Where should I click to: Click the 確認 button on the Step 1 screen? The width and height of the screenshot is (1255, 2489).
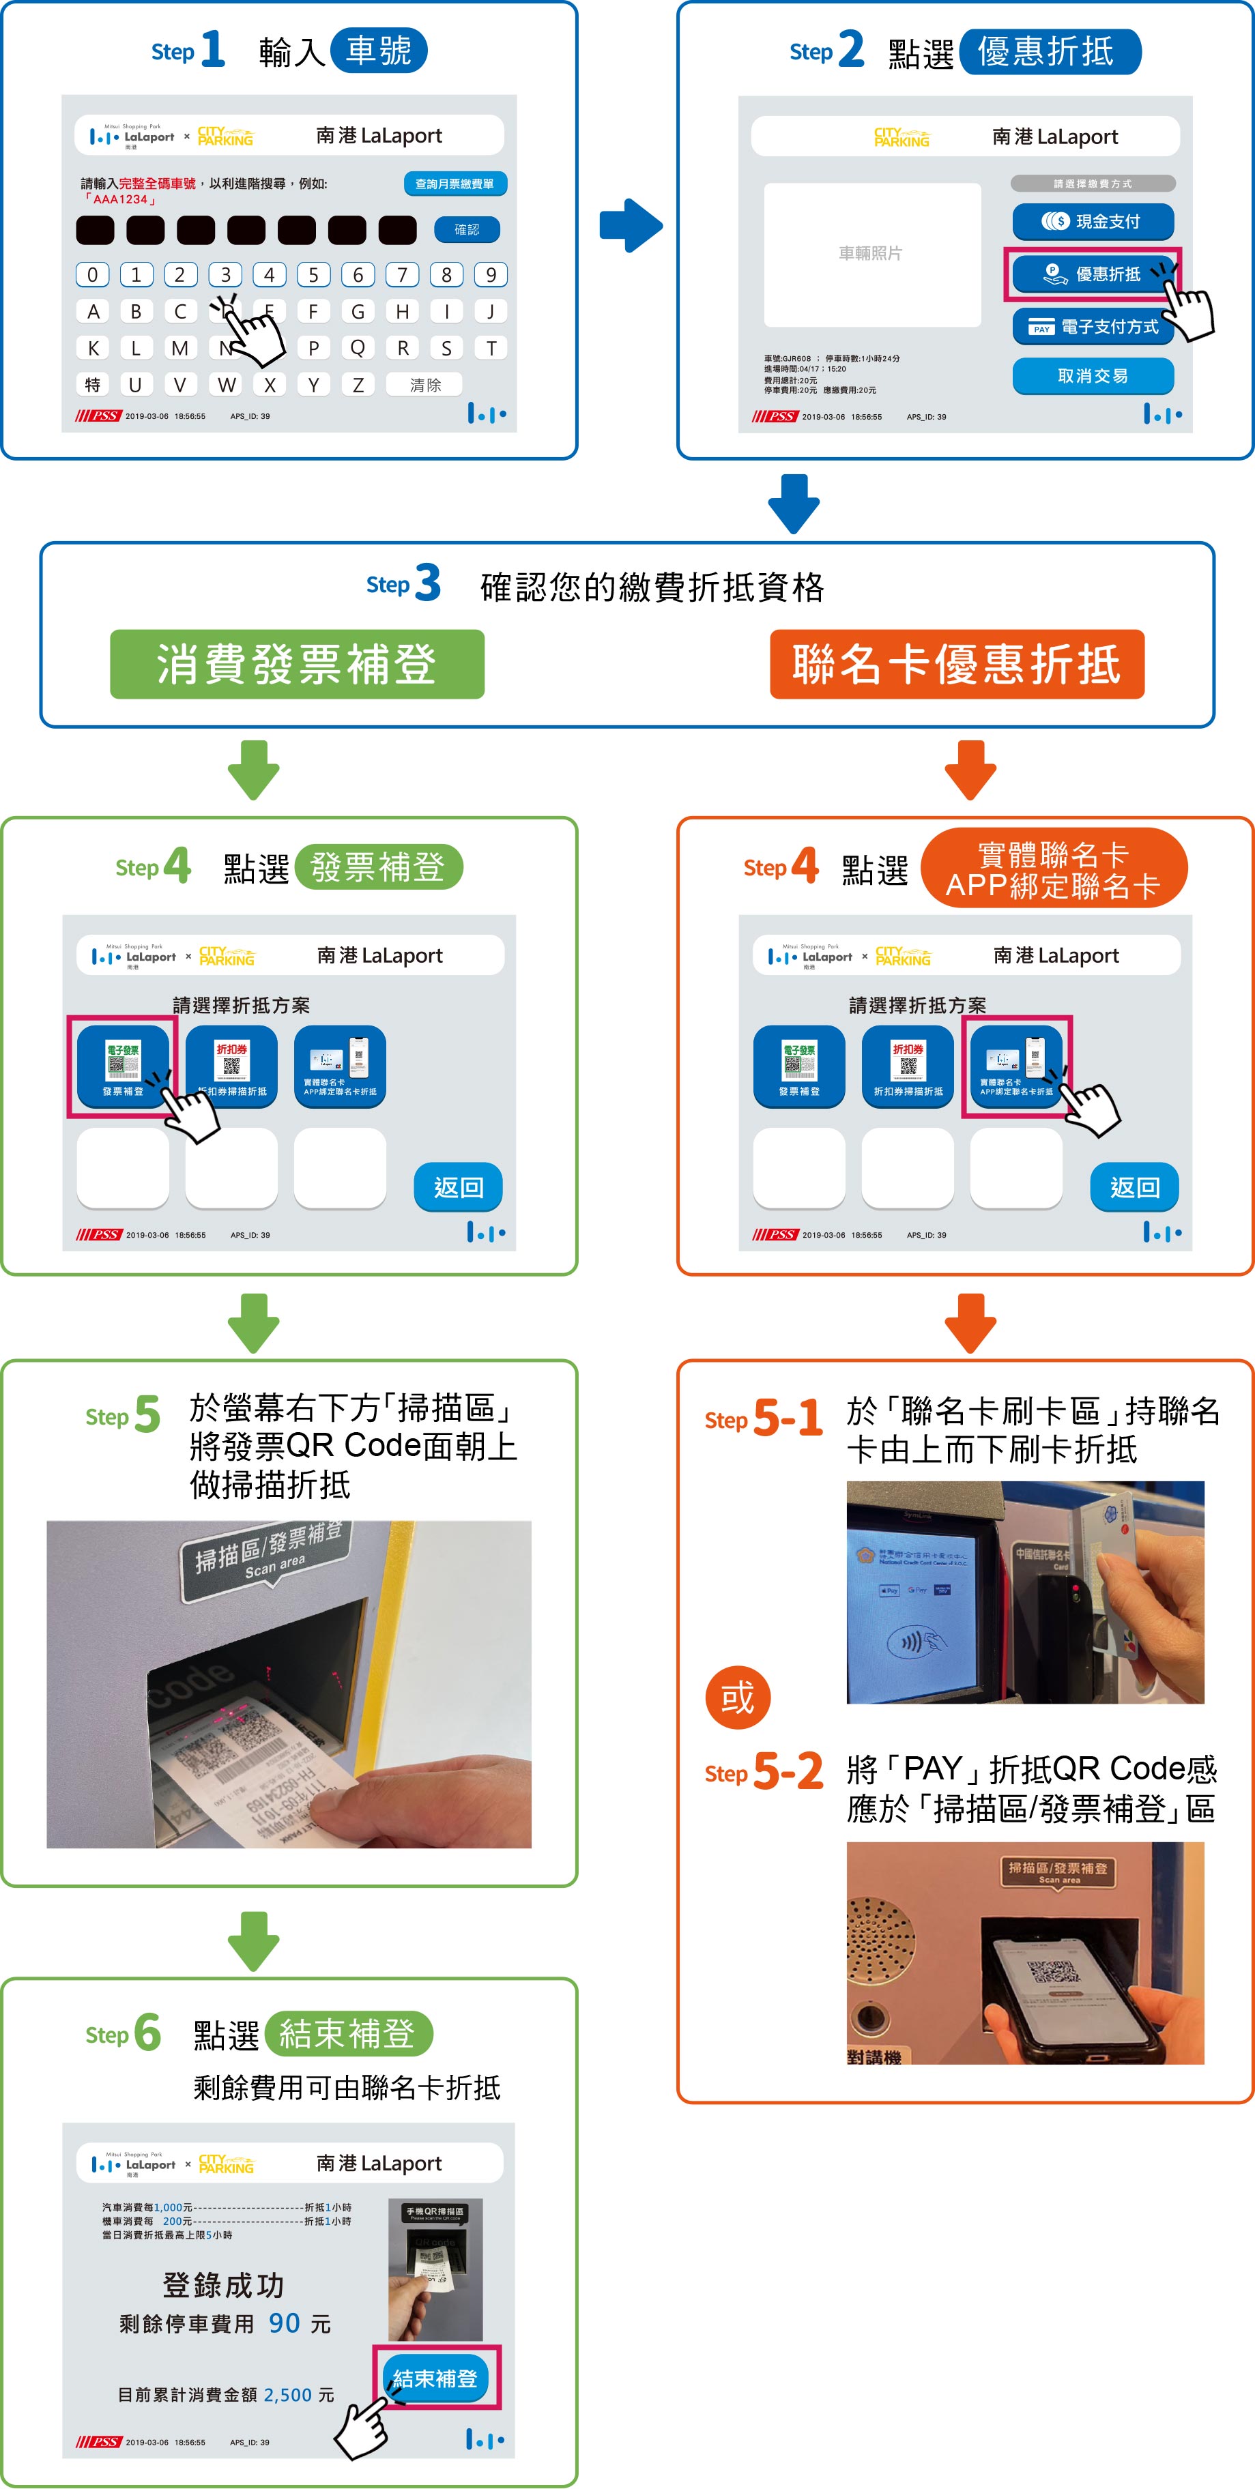coord(467,229)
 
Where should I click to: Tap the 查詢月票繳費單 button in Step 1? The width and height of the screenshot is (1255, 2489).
coord(454,184)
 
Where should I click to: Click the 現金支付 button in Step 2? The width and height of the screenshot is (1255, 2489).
coord(1093,221)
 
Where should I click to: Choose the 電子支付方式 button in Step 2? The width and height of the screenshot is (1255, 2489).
coord(1093,327)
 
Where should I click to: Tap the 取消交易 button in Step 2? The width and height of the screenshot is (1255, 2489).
coord(1093,376)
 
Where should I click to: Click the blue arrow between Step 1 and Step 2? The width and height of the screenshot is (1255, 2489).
coord(630,225)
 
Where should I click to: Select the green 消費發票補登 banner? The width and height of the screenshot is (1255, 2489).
coord(297,665)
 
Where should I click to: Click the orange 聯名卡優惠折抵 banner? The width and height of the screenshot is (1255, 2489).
coord(957,665)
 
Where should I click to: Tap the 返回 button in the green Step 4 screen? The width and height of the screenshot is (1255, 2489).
coord(458,1187)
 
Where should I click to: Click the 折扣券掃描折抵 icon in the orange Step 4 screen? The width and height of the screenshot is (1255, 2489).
coord(907,1066)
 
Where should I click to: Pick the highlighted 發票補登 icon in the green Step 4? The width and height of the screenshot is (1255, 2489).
coord(123,1066)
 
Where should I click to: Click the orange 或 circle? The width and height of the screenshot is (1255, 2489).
coord(737,1698)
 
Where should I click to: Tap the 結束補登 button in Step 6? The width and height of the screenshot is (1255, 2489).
coord(435,2378)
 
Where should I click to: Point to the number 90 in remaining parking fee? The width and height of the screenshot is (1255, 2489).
coord(284,2323)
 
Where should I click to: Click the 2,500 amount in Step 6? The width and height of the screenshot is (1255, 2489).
coord(288,2394)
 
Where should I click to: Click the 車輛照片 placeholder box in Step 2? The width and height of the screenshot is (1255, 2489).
coord(871,254)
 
